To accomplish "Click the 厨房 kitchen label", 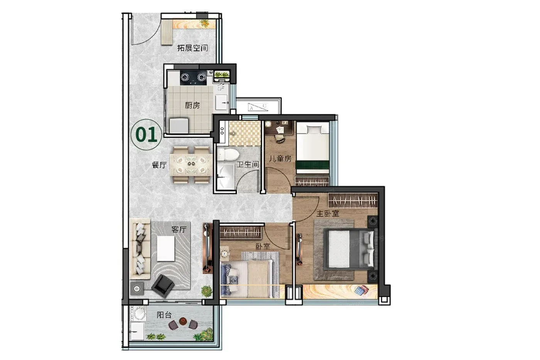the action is (x=192, y=105).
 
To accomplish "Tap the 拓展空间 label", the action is (x=192, y=48).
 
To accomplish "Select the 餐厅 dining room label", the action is (x=159, y=165).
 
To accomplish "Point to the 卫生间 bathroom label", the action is (x=248, y=164).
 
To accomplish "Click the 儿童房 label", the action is (x=280, y=159).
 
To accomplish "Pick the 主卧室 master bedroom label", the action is (x=327, y=213).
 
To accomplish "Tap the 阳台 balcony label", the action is (x=164, y=315).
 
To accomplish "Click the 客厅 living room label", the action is (x=179, y=229).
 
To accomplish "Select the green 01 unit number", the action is (x=146, y=135).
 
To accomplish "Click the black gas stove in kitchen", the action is (x=193, y=78).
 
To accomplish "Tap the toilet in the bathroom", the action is (x=228, y=154).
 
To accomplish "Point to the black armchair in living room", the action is (x=162, y=286).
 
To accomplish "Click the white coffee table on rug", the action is (x=166, y=248).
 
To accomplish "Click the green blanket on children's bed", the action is (x=313, y=165).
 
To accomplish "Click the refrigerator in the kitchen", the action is (x=179, y=125).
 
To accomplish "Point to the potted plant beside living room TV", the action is (x=207, y=291).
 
